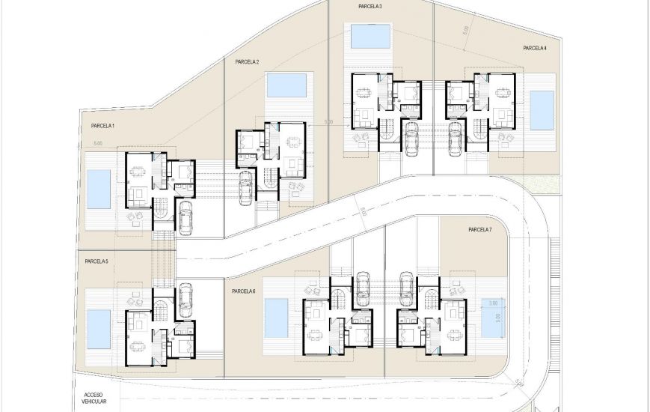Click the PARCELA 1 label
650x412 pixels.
pos(98,126)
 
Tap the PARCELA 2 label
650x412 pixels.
pos(247,62)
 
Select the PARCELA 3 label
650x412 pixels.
pos(370,7)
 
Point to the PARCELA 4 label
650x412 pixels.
pos(535,48)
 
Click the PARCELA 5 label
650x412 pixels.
pos(96,261)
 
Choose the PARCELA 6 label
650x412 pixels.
pos(244,291)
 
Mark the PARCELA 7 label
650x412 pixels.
pos(479,229)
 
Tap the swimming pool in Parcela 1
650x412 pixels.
pos(98,189)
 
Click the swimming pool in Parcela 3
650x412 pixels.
pos(370,35)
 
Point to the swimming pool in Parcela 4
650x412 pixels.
pos(542,109)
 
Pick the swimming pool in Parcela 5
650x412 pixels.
pos(98,330)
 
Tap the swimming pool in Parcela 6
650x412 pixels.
pos(276,318)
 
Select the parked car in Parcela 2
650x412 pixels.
pos(245,187)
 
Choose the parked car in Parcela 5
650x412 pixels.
pos(185,297)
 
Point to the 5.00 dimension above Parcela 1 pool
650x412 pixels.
pos(98,143)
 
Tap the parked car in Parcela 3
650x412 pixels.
pos(410,137)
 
